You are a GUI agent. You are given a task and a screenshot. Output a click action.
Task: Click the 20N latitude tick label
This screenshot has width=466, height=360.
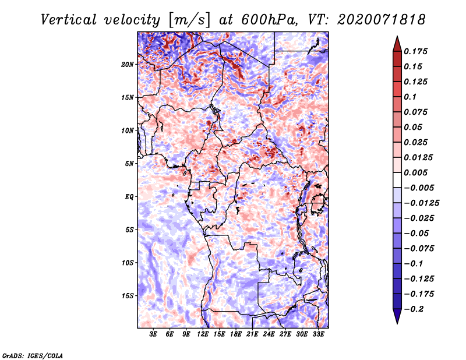[128, 65]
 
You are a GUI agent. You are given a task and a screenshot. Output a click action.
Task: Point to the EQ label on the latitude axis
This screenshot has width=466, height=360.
[129, 197]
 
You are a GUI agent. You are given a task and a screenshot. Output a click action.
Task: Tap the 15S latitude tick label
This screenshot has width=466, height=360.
[128, 296]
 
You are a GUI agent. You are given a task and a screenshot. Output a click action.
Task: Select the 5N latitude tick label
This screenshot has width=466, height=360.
[129, 164]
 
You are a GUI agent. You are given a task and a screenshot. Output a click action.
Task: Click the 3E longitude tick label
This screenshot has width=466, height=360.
[153, 334]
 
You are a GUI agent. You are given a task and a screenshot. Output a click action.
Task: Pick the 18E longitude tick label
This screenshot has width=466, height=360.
[236, 334]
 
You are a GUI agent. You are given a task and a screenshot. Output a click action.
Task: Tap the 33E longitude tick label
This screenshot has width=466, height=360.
[318, 334]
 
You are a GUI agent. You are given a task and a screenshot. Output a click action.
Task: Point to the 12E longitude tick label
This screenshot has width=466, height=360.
[203, 334]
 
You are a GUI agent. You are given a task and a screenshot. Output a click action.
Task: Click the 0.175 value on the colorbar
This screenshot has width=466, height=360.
[415, 51]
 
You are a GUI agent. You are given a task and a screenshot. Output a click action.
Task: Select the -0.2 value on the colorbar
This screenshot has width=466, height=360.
[414, 309]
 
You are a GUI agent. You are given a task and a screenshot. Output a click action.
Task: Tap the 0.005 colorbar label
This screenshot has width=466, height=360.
[415, 172]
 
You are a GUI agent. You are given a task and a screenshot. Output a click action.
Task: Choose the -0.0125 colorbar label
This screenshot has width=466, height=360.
[421, 203]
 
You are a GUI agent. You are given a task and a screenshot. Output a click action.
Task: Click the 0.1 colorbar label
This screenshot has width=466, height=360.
[410, 97]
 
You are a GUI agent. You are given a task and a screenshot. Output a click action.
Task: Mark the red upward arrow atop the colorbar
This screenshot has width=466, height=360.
[397, 44]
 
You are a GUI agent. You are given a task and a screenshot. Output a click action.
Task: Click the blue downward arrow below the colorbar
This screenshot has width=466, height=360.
[397, 316]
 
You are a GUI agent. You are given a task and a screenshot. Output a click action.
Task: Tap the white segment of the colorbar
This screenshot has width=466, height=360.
[397, 180]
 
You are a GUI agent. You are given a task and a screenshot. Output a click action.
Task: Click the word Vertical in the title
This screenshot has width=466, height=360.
[69, 20]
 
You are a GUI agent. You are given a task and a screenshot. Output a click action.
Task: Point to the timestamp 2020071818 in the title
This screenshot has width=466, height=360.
[382, 20]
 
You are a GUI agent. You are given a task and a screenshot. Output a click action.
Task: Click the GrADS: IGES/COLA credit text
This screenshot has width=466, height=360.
[33, 355]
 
